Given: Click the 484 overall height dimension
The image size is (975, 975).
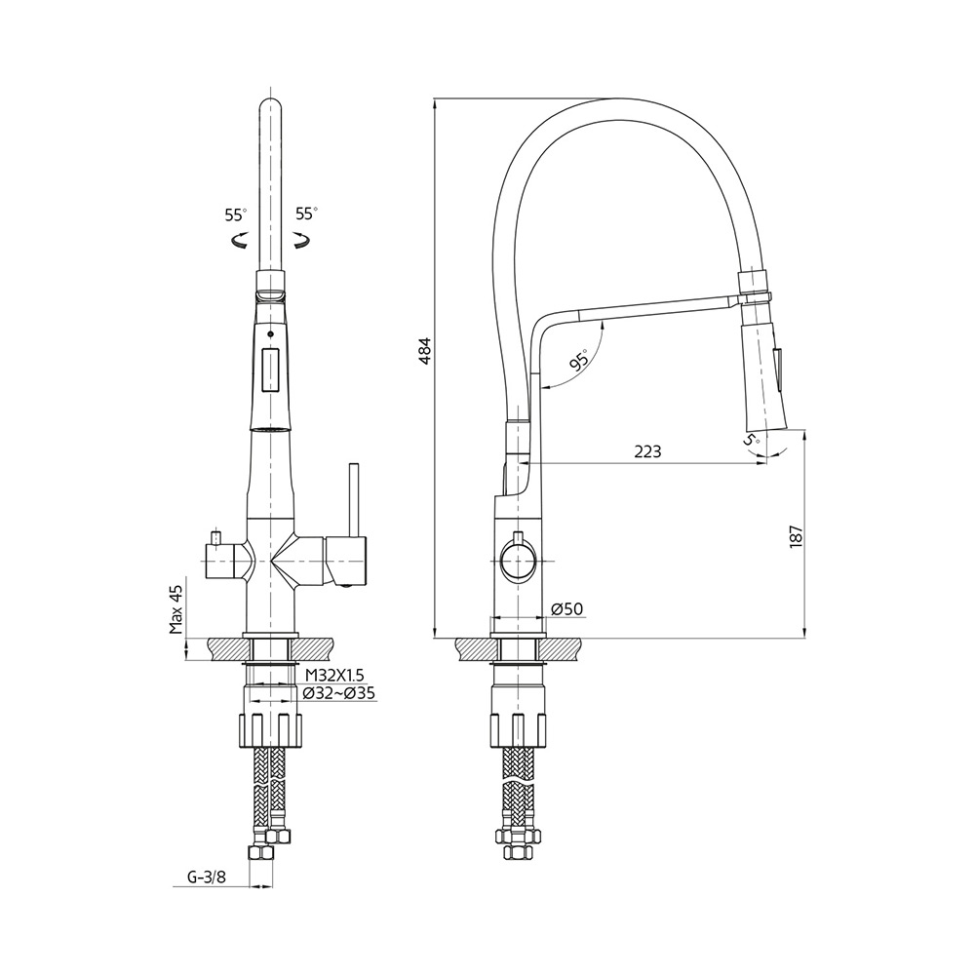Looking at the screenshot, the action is [x=424, y=351].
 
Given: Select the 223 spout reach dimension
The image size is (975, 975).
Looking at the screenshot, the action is [x=648, y=451].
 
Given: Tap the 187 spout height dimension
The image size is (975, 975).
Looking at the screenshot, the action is [x=797, y=536].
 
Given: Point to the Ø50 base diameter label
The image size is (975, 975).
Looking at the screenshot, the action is [x=567, y=608].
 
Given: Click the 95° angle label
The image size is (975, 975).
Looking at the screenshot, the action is [x=579, y=362].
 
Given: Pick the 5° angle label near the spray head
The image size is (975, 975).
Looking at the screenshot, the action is [x=752, y=440].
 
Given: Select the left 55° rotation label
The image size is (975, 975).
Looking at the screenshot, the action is [x=236, y=214].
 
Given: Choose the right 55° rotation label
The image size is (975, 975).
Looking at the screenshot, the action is [x=306, y=214].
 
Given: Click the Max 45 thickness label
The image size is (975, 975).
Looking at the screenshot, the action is [x=177, y=609].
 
